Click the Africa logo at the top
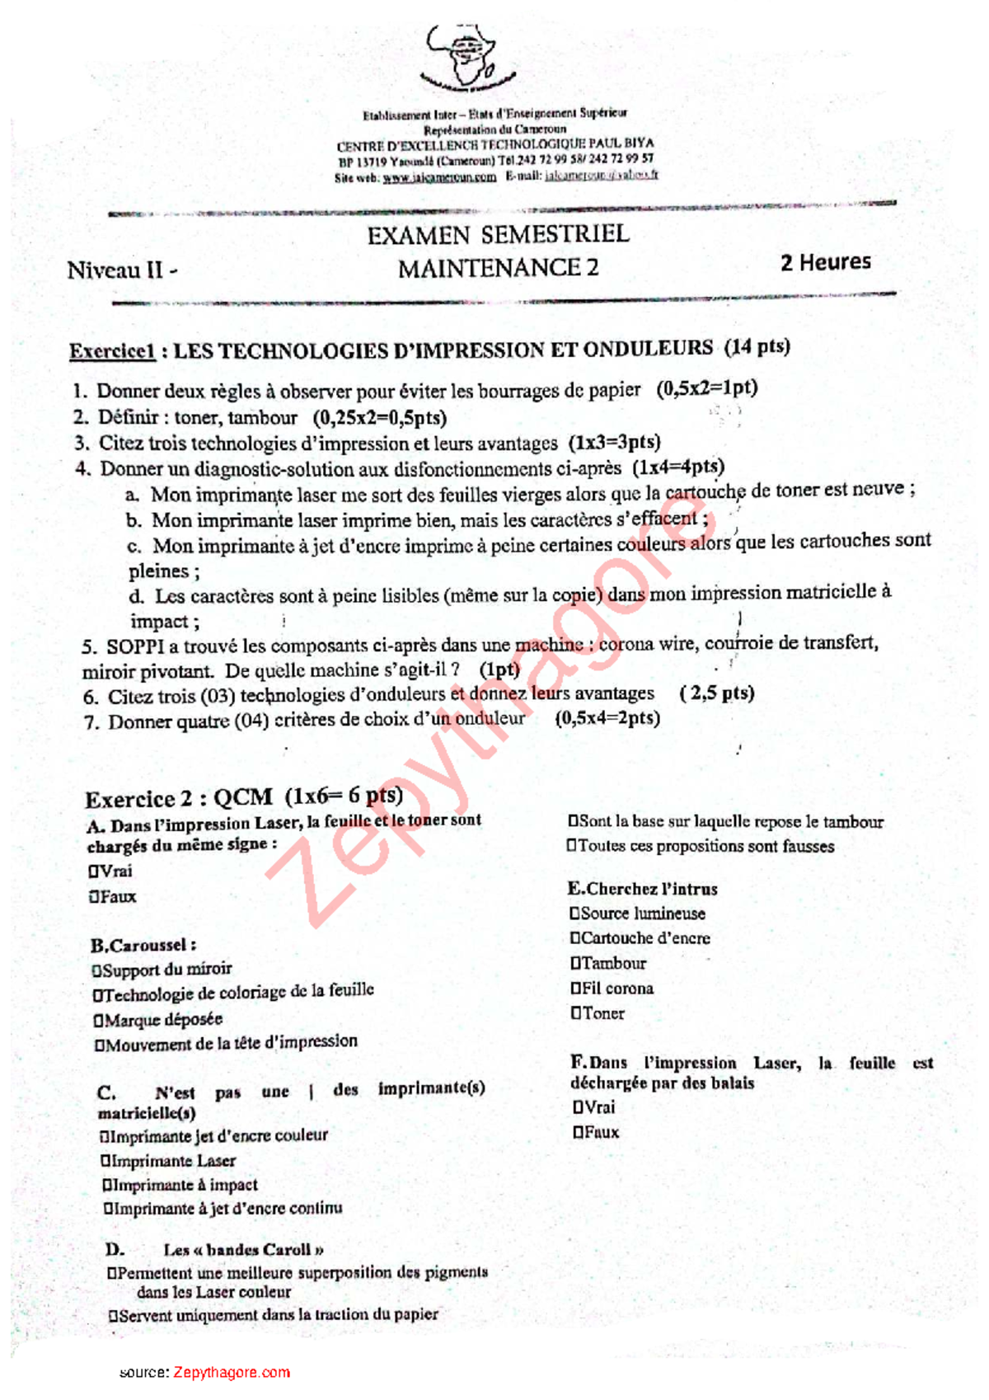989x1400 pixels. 466,56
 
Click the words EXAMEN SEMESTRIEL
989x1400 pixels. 498,235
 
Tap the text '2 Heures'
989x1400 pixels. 825,262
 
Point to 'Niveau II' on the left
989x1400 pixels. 115,270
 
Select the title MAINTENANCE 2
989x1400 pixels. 498,268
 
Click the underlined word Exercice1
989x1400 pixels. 112,351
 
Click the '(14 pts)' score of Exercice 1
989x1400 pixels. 757,346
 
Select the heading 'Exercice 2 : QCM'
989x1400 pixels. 179,798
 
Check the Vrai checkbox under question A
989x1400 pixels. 93,871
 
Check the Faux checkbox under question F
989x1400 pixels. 579,1132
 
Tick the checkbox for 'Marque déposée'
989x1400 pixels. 99,1021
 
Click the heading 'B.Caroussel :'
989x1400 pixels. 143,946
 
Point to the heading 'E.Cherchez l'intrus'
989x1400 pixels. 642,889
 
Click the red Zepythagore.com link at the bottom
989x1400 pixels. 232,1372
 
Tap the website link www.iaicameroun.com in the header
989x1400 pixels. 439,176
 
